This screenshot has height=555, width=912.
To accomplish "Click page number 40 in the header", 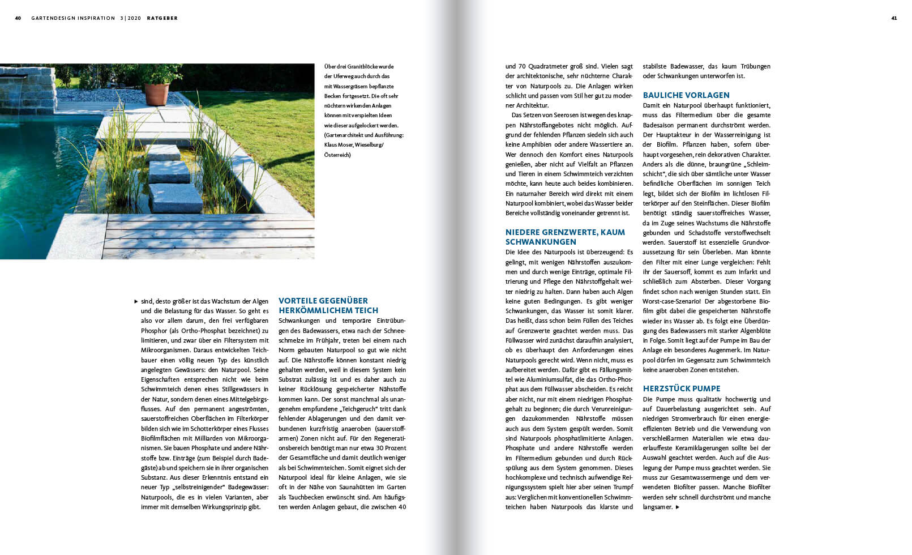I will coord(18,18).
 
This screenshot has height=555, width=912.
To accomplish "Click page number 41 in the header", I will coord(894,18).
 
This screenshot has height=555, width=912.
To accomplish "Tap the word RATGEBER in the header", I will coord(162,18).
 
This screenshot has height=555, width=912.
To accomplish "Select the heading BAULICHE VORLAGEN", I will coord(686,95).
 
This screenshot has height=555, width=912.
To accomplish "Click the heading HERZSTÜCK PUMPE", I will coord(682,388).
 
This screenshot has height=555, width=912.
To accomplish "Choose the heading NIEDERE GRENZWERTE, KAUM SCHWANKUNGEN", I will coord(565,237).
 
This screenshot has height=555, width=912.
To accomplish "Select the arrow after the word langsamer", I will coord(678,507).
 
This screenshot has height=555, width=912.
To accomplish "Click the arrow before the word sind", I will coord(136,301).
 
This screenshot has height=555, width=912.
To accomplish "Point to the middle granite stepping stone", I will coord(169,171).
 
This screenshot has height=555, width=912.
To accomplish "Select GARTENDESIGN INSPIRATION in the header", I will coord(73,18).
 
